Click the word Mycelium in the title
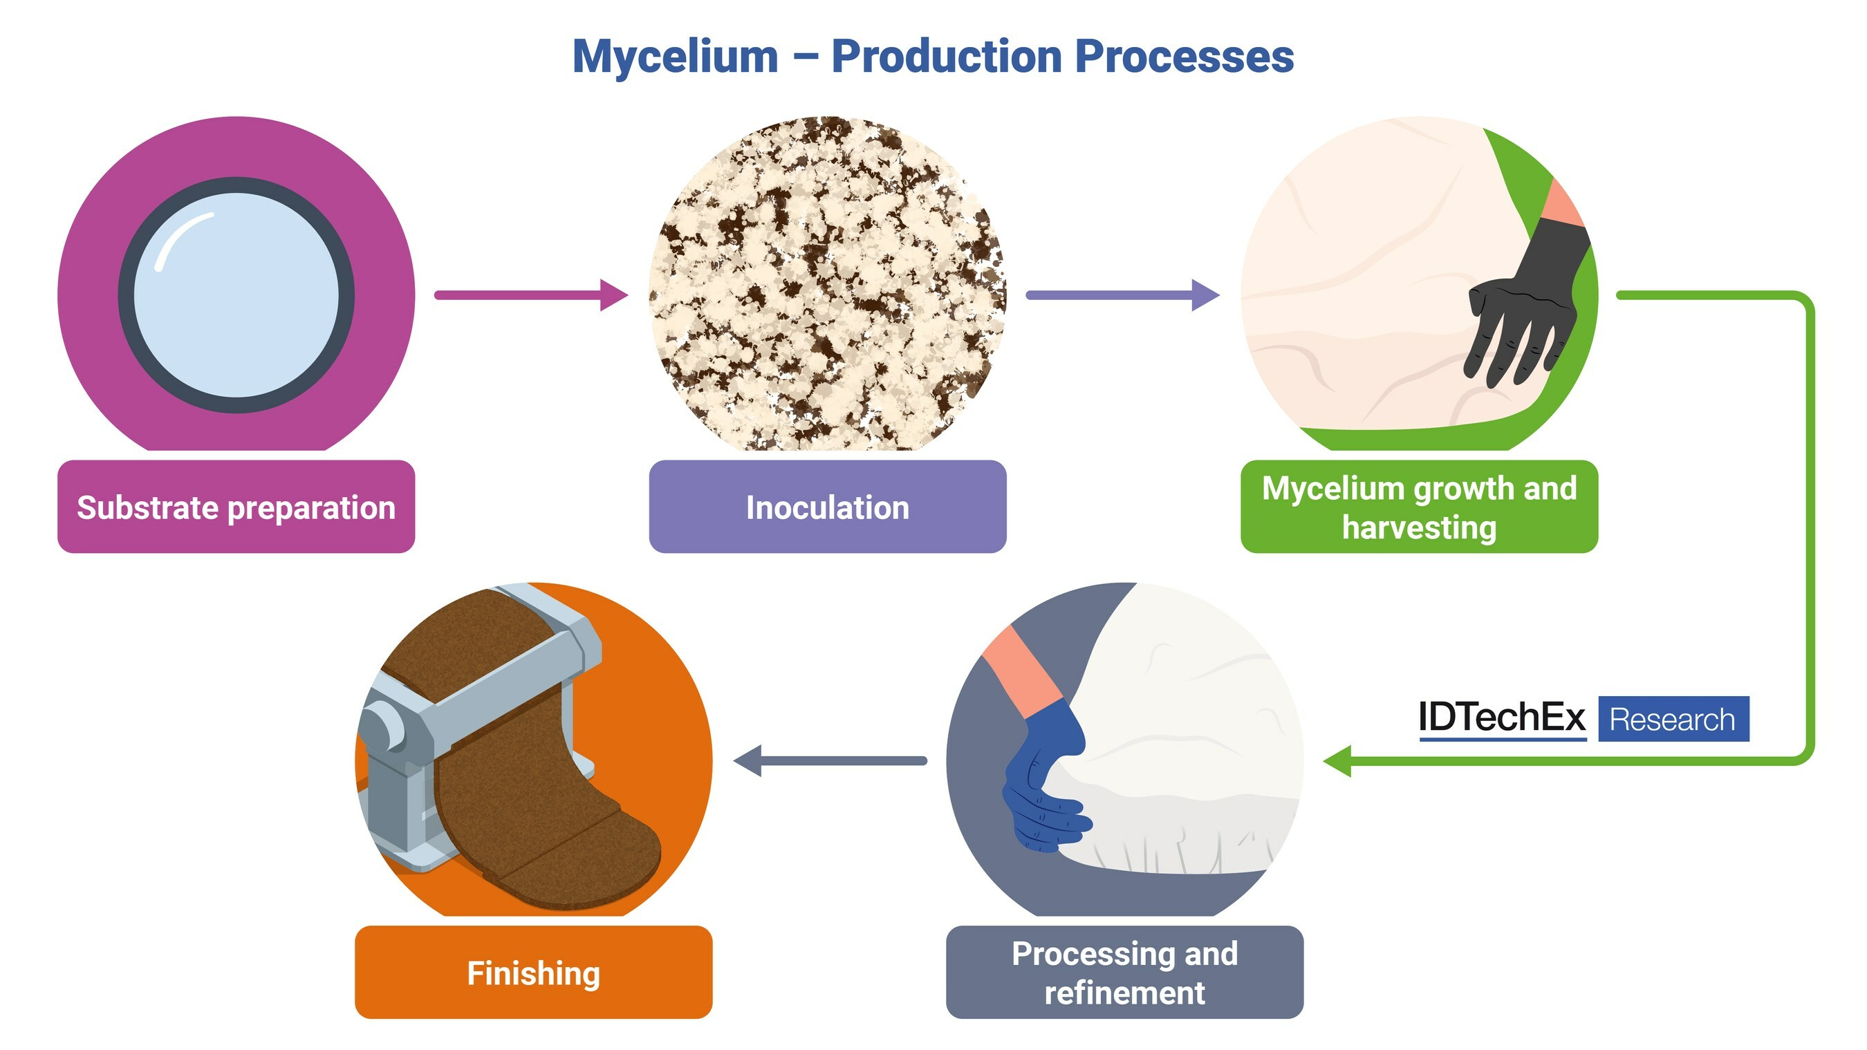point(675,57)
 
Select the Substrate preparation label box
point(236,507)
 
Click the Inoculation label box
point(827,507)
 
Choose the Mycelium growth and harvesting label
point(1418,507)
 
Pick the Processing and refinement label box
point(1124,973)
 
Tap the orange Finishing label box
point(533,973)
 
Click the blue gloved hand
point(1043,782)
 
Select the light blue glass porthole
point(236,295)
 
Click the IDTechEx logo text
point(1502,718)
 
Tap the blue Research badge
point(1673,719)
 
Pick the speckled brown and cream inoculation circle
point(827,283)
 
